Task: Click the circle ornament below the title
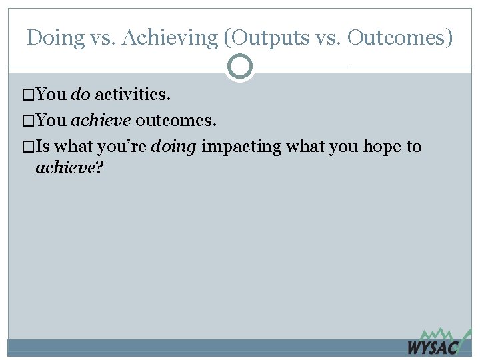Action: pos(240,66)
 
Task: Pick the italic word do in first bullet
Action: pos(81,94)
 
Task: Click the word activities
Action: pos(133,94)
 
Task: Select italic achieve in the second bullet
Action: pos(101,121)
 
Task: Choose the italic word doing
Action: pos(173,147)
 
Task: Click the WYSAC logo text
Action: pos(432,347)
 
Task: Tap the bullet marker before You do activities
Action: pos(27,95)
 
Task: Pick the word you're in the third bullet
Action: pos(122,147)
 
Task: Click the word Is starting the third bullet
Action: pos(43,147)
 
